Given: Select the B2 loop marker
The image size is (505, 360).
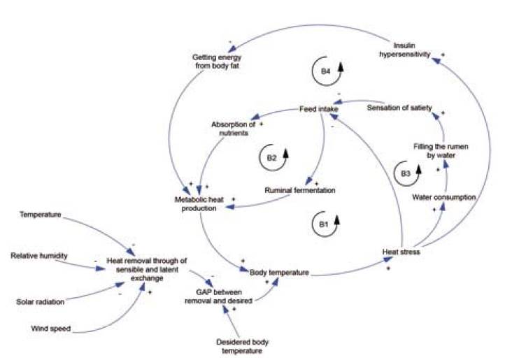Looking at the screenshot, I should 271,158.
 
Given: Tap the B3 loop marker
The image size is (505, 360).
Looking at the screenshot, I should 405,173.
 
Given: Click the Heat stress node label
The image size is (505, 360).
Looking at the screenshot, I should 401,252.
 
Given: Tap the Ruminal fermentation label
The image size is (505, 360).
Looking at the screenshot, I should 300,190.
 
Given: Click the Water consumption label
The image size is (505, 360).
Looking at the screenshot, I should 444,198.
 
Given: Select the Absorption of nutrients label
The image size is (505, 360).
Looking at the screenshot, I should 233,129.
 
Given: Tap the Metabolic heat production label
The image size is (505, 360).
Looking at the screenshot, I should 199,205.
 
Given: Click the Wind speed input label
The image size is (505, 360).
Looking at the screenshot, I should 50,327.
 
